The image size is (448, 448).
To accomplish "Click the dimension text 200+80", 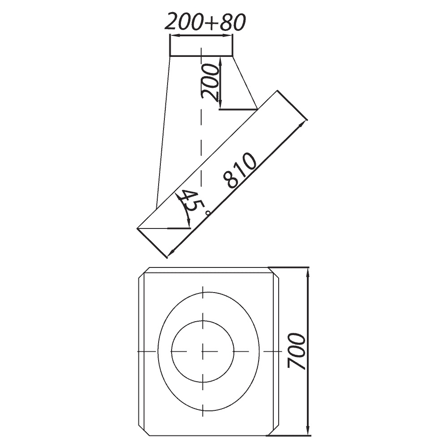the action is click(205, 22).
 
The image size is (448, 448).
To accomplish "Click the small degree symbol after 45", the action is click(208, 212).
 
